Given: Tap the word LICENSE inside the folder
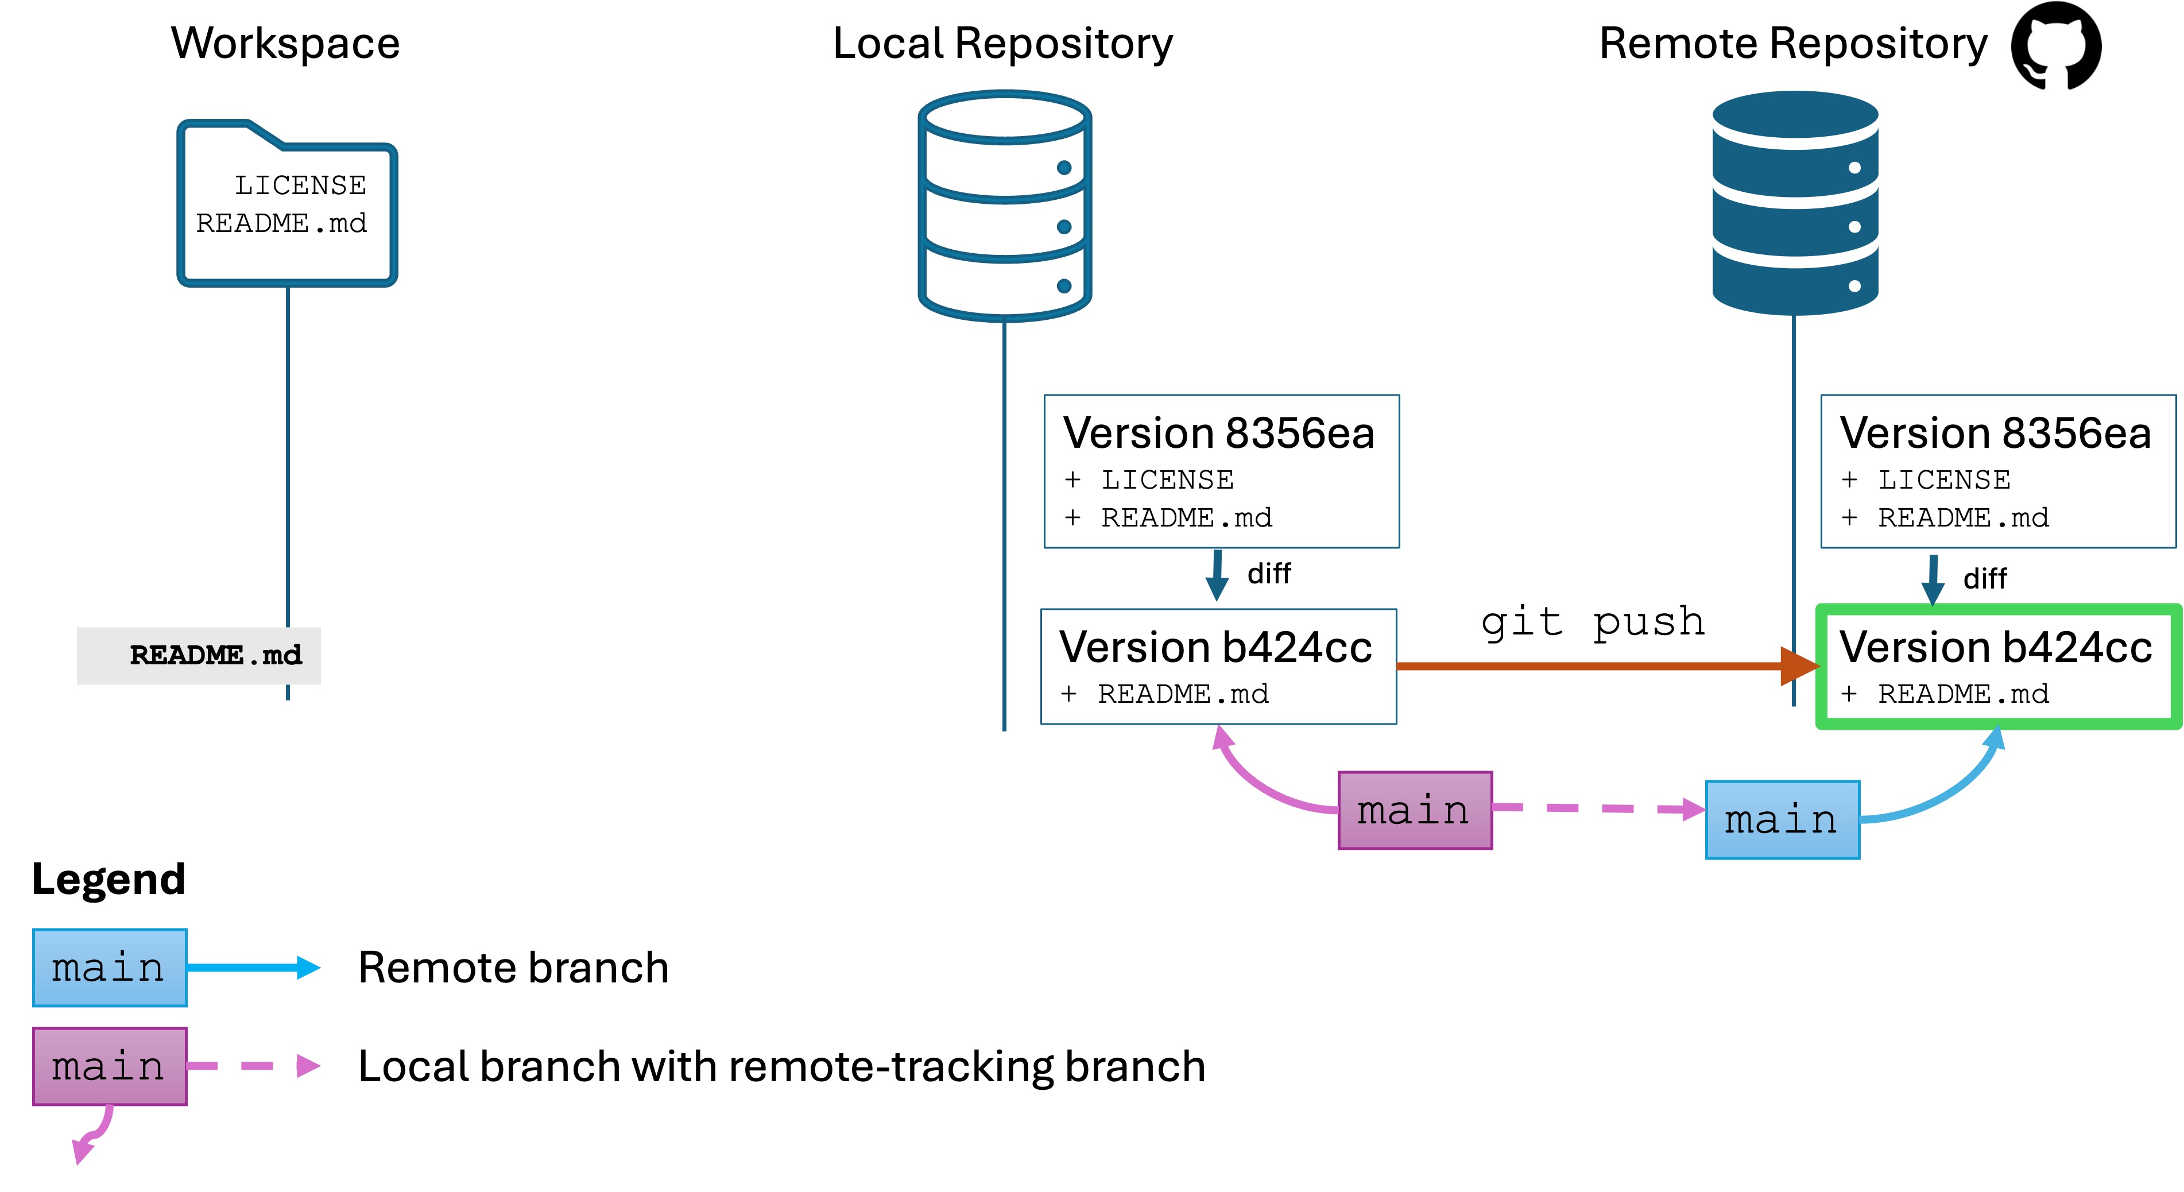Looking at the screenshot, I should point(300,185).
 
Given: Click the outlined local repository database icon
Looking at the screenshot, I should point(1005,206).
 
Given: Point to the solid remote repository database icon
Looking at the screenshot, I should point(1795,203).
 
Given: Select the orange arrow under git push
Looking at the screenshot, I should point(1594,667).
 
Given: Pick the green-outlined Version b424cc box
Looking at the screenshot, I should point(1997,667).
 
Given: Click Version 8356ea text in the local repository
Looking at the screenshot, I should point(1218,434).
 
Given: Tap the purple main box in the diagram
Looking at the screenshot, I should point(1414,811).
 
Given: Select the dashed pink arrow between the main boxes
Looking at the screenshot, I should point(1598,809).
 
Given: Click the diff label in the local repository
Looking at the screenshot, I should point(1268,574).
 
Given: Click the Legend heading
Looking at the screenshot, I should point(109,879).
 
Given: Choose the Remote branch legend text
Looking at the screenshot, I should point(513,967).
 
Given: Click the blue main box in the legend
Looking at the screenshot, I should point(109,967).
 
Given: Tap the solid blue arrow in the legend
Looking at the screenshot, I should point(253,967).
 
